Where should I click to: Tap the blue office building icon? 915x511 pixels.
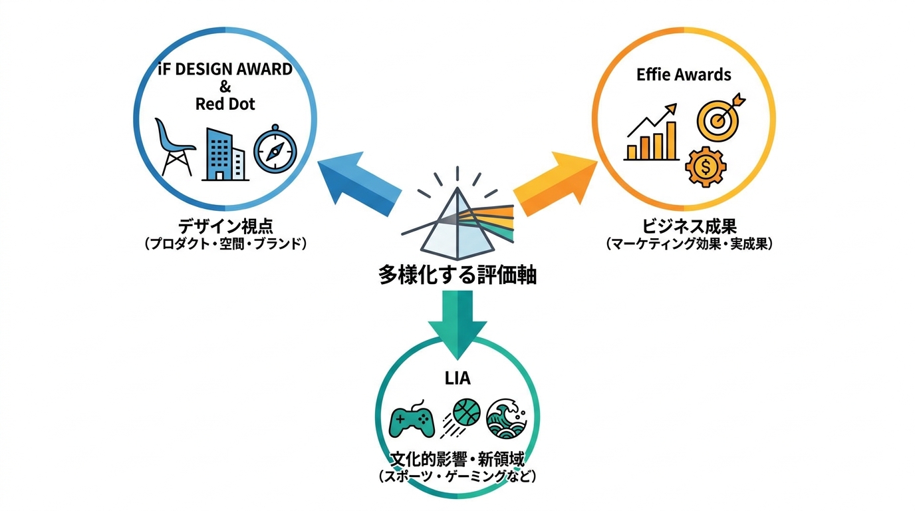225,154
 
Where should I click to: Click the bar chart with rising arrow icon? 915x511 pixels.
651,133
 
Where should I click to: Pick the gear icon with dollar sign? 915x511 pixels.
706,167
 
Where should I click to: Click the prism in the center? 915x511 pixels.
457,224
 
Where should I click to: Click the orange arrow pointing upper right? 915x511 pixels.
555,183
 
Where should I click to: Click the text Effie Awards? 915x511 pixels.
684,75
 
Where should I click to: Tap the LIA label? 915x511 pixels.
457,379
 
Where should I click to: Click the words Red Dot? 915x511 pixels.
225,104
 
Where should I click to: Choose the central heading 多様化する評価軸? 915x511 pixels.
457,275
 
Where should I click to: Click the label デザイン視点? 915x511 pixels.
225,226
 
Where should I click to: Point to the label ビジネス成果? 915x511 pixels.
690,226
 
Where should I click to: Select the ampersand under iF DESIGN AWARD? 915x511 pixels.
225,86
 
